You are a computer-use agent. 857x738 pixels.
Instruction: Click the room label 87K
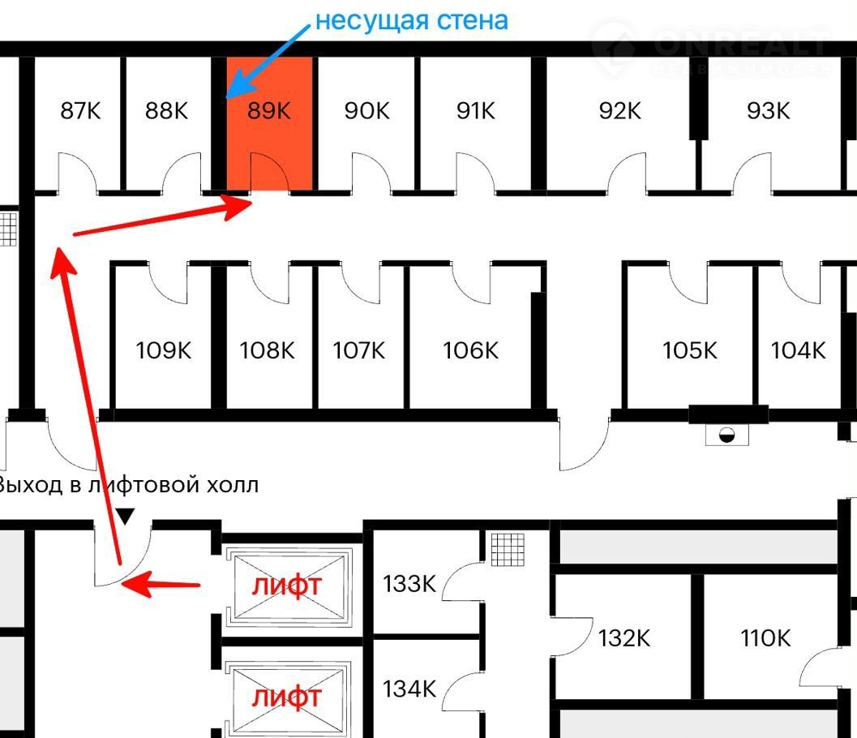[80, 110]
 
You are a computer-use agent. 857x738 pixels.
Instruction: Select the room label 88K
[166, 110]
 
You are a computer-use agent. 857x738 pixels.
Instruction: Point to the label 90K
[366, 110]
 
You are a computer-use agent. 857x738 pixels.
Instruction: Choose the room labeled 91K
[475, 110]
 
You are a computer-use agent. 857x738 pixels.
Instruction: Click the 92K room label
[619, 110]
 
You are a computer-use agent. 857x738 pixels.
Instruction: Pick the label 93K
[768, 110]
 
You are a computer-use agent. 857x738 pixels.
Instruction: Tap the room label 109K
[164, 350]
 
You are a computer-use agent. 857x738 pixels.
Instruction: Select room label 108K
[267, 350]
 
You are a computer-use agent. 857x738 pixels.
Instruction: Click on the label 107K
[358, 350]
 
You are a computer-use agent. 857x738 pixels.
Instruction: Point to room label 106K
[470, 350]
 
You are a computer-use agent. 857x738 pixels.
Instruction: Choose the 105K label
[689, 350]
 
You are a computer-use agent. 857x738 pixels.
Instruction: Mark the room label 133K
[409, 583]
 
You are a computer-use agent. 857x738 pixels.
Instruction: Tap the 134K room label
[409, 689]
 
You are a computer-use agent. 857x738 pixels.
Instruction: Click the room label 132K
[624, 638]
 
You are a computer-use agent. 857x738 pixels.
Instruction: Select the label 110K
[765, 638]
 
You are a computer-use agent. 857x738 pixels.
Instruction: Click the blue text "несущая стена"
[411, 19]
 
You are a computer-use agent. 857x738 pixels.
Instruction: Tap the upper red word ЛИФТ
[286, 586]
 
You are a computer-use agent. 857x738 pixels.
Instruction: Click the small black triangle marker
[125, 515]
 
